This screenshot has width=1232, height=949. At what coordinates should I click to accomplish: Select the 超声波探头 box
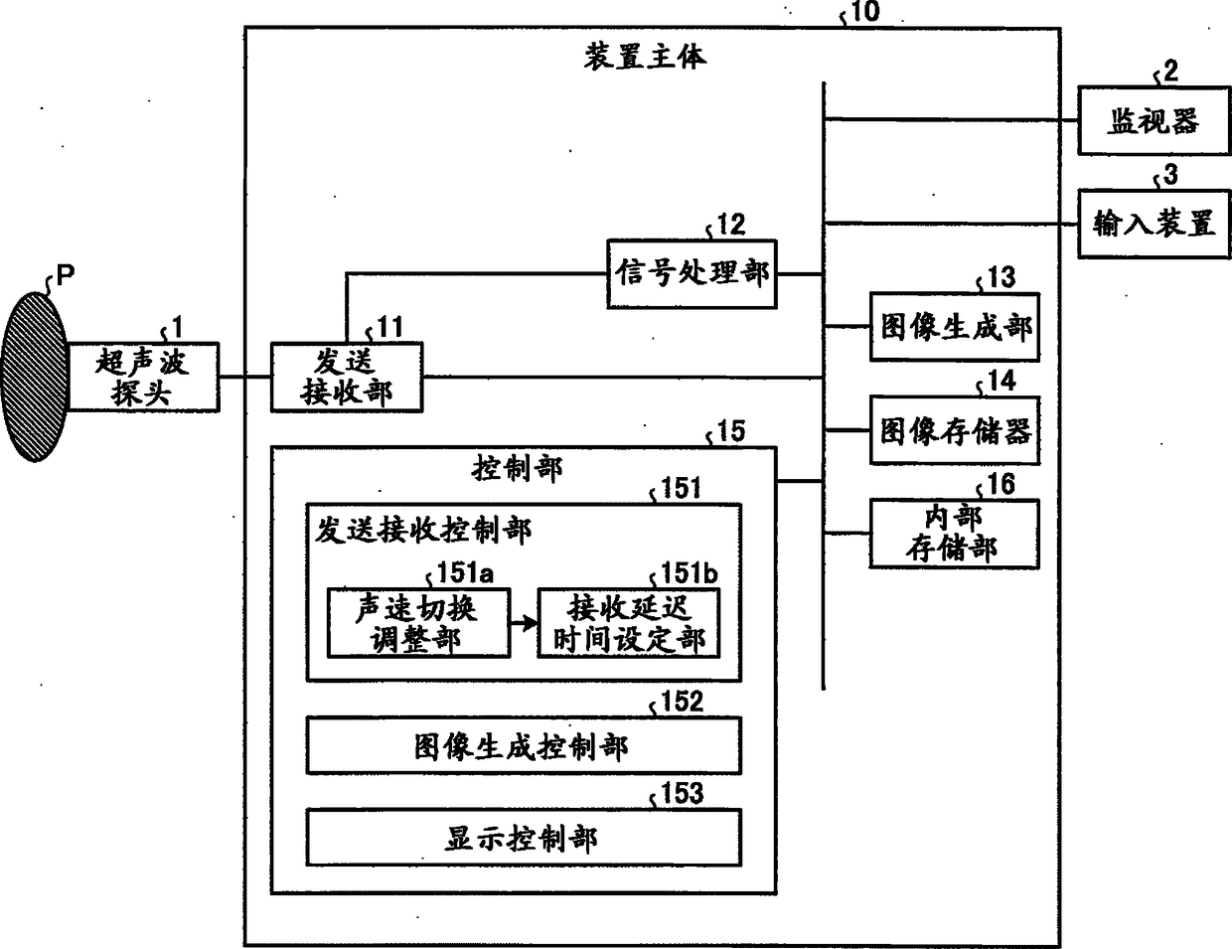pos(142,378)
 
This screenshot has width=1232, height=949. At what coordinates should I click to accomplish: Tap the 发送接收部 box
pos(346,377)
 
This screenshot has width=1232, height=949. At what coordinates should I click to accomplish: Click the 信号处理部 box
pos(692,273)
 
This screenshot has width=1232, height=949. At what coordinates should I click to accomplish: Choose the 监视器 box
pos(1154,121)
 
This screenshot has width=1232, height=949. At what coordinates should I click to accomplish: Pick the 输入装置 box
pos(1154,225)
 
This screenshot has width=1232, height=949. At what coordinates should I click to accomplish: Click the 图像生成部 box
pos(955,327)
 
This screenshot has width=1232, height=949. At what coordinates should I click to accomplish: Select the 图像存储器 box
pos(955,430)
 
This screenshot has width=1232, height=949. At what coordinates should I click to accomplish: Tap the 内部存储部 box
pos(955,534)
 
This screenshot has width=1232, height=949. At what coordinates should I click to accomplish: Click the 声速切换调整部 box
pos(418,623)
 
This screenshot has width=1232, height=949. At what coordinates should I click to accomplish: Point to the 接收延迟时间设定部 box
pos(629,623)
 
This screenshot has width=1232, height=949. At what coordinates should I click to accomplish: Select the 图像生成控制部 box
pos(523,746)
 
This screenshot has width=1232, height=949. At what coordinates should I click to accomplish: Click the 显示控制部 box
pos(523,838)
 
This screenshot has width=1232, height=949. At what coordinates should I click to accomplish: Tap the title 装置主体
pos(645,57)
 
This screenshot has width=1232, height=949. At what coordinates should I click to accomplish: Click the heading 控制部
pos(517,468)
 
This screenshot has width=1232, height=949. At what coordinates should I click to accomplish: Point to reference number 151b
pos(690,573)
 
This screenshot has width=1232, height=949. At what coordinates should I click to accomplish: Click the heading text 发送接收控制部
pos(423,530)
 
